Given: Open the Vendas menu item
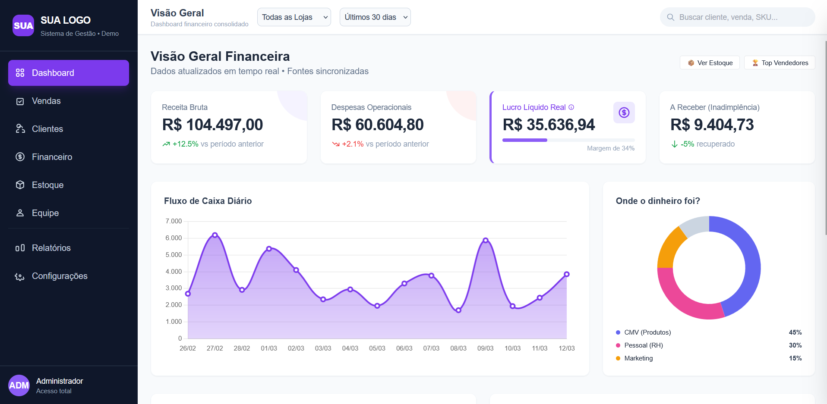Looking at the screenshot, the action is pos(46,101).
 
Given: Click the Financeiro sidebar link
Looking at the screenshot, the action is pos(52,157).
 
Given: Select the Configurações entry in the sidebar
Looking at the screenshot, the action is pos(60,276).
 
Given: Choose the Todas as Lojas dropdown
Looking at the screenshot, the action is pos(294,17).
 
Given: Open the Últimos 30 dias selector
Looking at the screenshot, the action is pos(375,17).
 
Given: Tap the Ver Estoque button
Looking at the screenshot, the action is pos(710,63).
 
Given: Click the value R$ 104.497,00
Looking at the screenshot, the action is pos(212,125).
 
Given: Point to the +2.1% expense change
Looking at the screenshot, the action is pos(352,144).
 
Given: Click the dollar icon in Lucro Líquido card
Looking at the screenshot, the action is pos(624,113).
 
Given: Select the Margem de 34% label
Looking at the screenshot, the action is pos(610,148).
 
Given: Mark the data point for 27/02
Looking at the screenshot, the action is pos(215,235).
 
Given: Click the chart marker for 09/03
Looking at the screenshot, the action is pos(486,240).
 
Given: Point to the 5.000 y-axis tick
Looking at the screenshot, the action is pos(174,255).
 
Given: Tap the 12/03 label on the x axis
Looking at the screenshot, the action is pos(566,348).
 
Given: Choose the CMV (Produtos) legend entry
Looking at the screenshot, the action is pos(647,332).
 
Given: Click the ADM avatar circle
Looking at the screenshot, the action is pos(19,385).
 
